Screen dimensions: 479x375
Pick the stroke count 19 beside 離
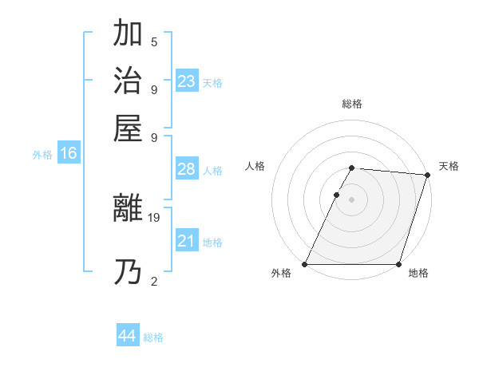point(155,216)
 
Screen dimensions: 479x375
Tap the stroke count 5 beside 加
point(154,41)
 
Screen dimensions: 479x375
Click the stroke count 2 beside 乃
point(154,280)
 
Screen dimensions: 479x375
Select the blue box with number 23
point(187,81)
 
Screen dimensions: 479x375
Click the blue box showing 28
point(187,170)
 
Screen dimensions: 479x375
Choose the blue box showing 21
point(187,241)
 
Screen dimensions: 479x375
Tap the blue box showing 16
point(68,154)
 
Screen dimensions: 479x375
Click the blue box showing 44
point(127,336)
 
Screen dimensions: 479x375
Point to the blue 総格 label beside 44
point(153,337)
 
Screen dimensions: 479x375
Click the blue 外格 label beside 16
point(42,156)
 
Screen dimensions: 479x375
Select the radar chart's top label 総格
point(352,104)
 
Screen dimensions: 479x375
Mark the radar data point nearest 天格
point(427,175)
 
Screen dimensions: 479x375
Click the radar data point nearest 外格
point(305,264)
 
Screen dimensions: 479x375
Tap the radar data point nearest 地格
point(398,264)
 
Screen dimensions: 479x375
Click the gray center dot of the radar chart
point(352,199)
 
